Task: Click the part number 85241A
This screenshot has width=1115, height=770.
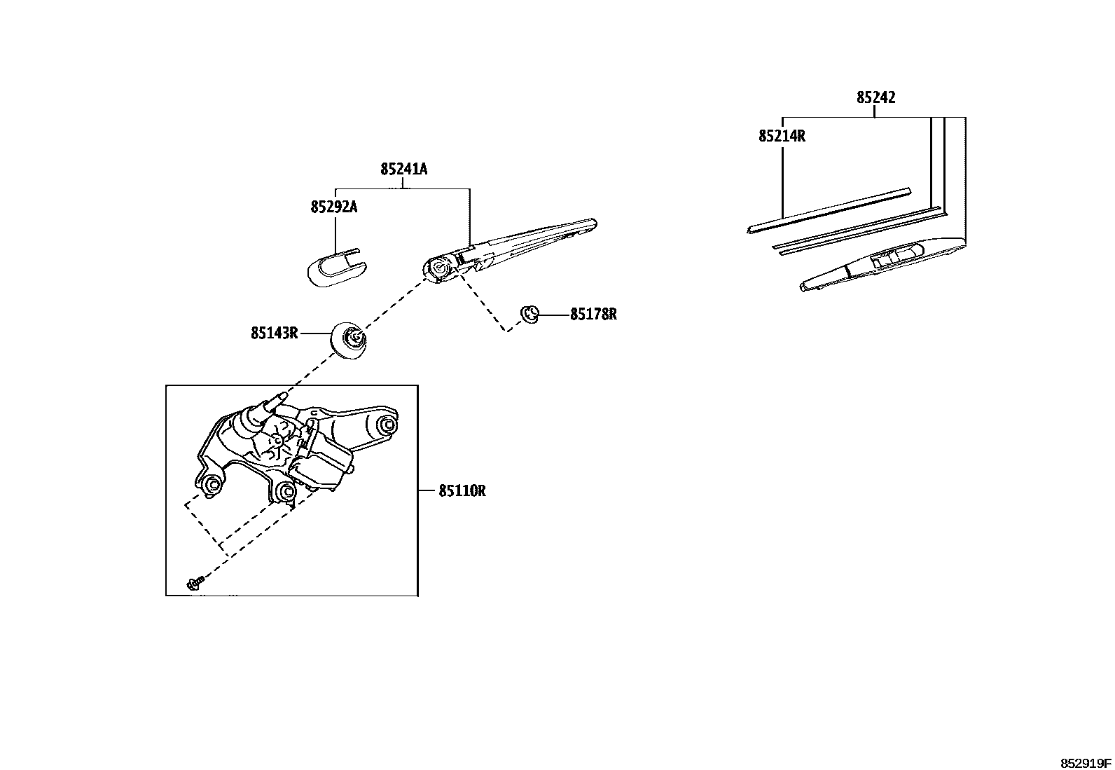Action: point(404,169)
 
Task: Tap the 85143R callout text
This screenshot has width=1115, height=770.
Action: point(275,334)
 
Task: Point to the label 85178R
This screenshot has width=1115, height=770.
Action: point(593,315)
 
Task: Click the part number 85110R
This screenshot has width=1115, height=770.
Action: point(462,491)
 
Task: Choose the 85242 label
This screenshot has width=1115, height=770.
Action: point(875,98)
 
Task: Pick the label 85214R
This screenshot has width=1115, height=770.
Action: point(782,136)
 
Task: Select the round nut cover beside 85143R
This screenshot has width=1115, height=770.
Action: point(349,340)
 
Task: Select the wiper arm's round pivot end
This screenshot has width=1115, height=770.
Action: point(439,268)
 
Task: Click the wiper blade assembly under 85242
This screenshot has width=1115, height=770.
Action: point(882,263)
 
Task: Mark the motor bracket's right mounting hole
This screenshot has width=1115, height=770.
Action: point(386,425)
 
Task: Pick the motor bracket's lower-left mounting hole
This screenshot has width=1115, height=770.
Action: point(212,485)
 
